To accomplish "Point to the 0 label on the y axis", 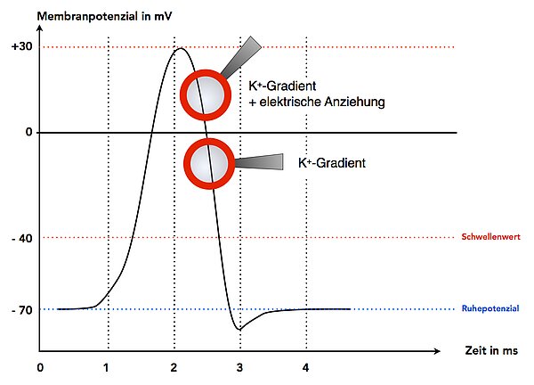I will click(28, 132).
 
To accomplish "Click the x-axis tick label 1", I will click(107, 366).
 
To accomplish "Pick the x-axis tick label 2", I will click(173, 366).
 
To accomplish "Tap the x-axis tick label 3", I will click(239, 366).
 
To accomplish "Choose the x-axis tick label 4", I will click(305, 366).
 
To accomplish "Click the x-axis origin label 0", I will click(40, 366).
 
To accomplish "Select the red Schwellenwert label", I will click(489, 238).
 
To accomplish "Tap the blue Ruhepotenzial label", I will click(490, 309).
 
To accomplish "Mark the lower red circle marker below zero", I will click(210, 163).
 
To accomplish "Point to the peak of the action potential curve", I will click(181, 48).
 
